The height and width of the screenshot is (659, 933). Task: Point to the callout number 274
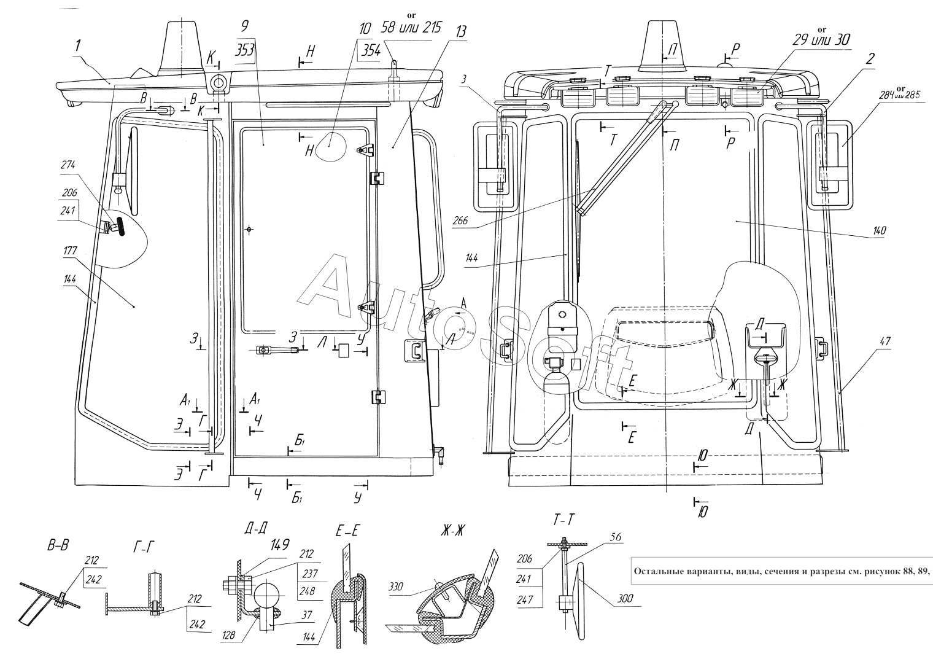[x=68, y=165]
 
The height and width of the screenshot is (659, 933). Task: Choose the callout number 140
[x=879, y=231]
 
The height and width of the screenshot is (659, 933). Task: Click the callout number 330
[x=396, y=587]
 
